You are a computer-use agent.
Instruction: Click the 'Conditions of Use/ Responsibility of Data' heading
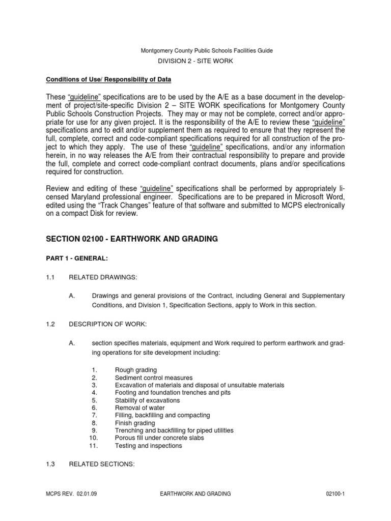[x=109, y=79]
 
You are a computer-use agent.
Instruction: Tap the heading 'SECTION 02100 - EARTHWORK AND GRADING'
[x=132, y=239]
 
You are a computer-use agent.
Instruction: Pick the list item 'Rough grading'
[x=136, y=369]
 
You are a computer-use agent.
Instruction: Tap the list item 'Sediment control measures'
[x=154, y=378]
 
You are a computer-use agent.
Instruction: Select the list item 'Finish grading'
[x=135, y=423]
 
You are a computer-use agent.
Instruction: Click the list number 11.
[x=93, y=446]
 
